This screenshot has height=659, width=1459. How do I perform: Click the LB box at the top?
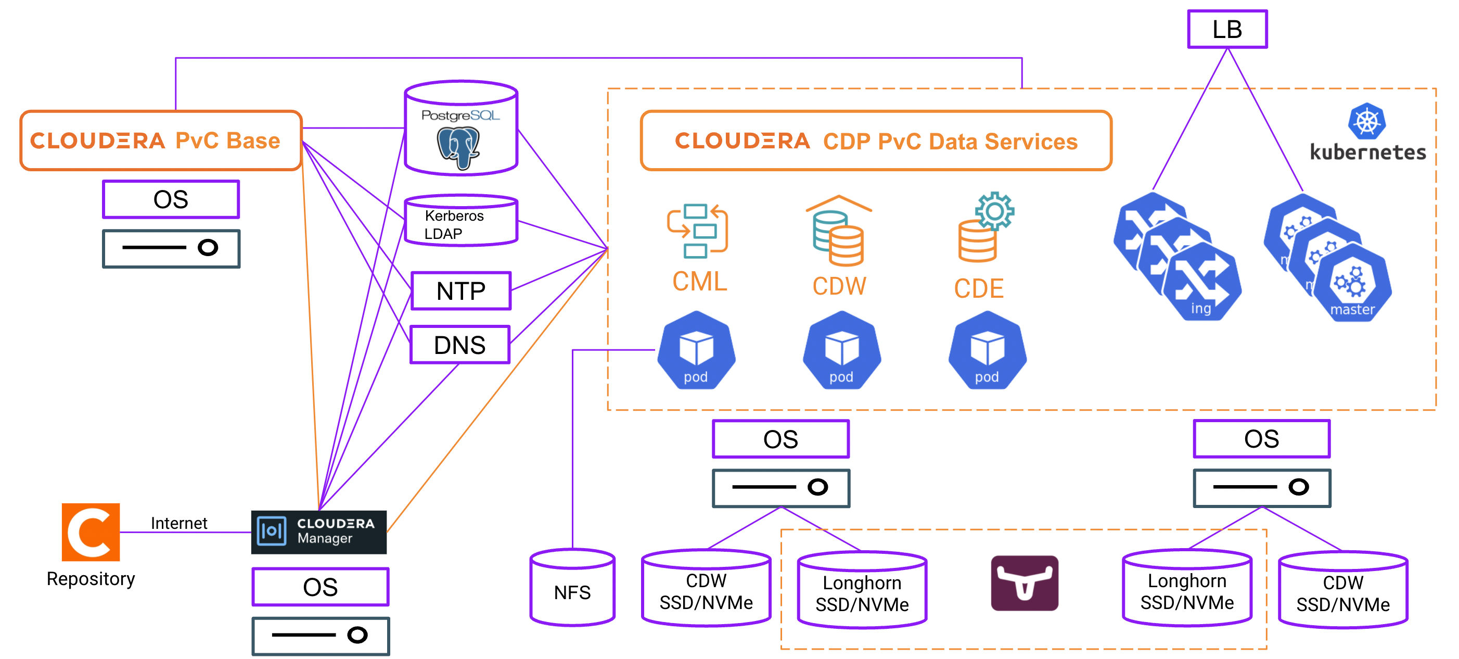[1227, 30]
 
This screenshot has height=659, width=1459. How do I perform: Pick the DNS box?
[460, 345]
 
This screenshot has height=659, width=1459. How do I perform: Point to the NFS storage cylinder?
[572, 589]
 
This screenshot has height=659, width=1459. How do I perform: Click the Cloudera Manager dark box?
[319, 531]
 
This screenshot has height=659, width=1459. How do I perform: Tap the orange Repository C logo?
[91, 531]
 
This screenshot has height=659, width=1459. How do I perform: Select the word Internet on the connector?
[179, 523]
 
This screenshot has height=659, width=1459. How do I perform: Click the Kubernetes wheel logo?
[1367, 121]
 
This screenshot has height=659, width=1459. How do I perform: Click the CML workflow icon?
[697, 231]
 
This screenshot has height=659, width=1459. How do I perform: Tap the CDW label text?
[839, 286]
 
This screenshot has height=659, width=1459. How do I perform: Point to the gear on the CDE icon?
[994, 211]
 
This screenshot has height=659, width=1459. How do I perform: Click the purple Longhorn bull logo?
[1024, 583]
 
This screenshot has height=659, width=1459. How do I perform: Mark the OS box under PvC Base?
[171, 199]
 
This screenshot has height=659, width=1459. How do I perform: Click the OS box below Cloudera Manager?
[321, 587]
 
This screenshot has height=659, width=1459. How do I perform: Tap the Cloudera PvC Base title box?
[161, 141]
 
